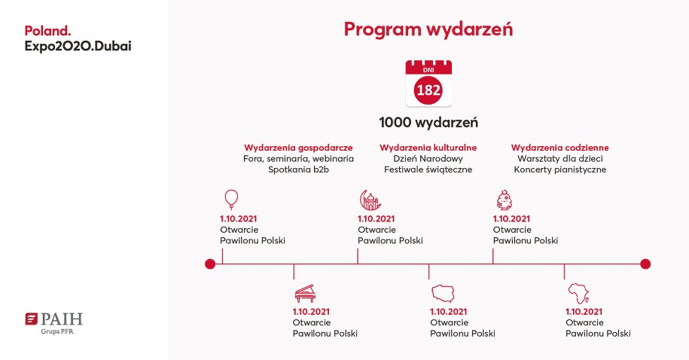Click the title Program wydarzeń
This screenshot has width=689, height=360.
coord(428,29)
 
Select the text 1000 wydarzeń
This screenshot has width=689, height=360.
coord(428,122)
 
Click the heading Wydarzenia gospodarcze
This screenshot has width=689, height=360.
coord(299,148)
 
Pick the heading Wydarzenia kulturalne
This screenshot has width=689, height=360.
coord(428,148)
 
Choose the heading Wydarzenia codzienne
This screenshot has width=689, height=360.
coord(559,148)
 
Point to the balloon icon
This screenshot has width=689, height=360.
coord(231,199)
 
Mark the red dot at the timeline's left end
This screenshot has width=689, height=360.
coord(210,264)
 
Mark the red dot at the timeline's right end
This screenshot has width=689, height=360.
coord(645,264)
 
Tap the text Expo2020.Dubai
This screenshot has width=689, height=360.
coord(82,46)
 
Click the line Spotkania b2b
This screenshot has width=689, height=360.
coord(299,169)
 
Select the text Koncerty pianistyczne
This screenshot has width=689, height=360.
coord(559,169)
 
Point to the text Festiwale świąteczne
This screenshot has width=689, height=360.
coord(428,169)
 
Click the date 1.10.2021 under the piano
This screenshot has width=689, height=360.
coord(311,311)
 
